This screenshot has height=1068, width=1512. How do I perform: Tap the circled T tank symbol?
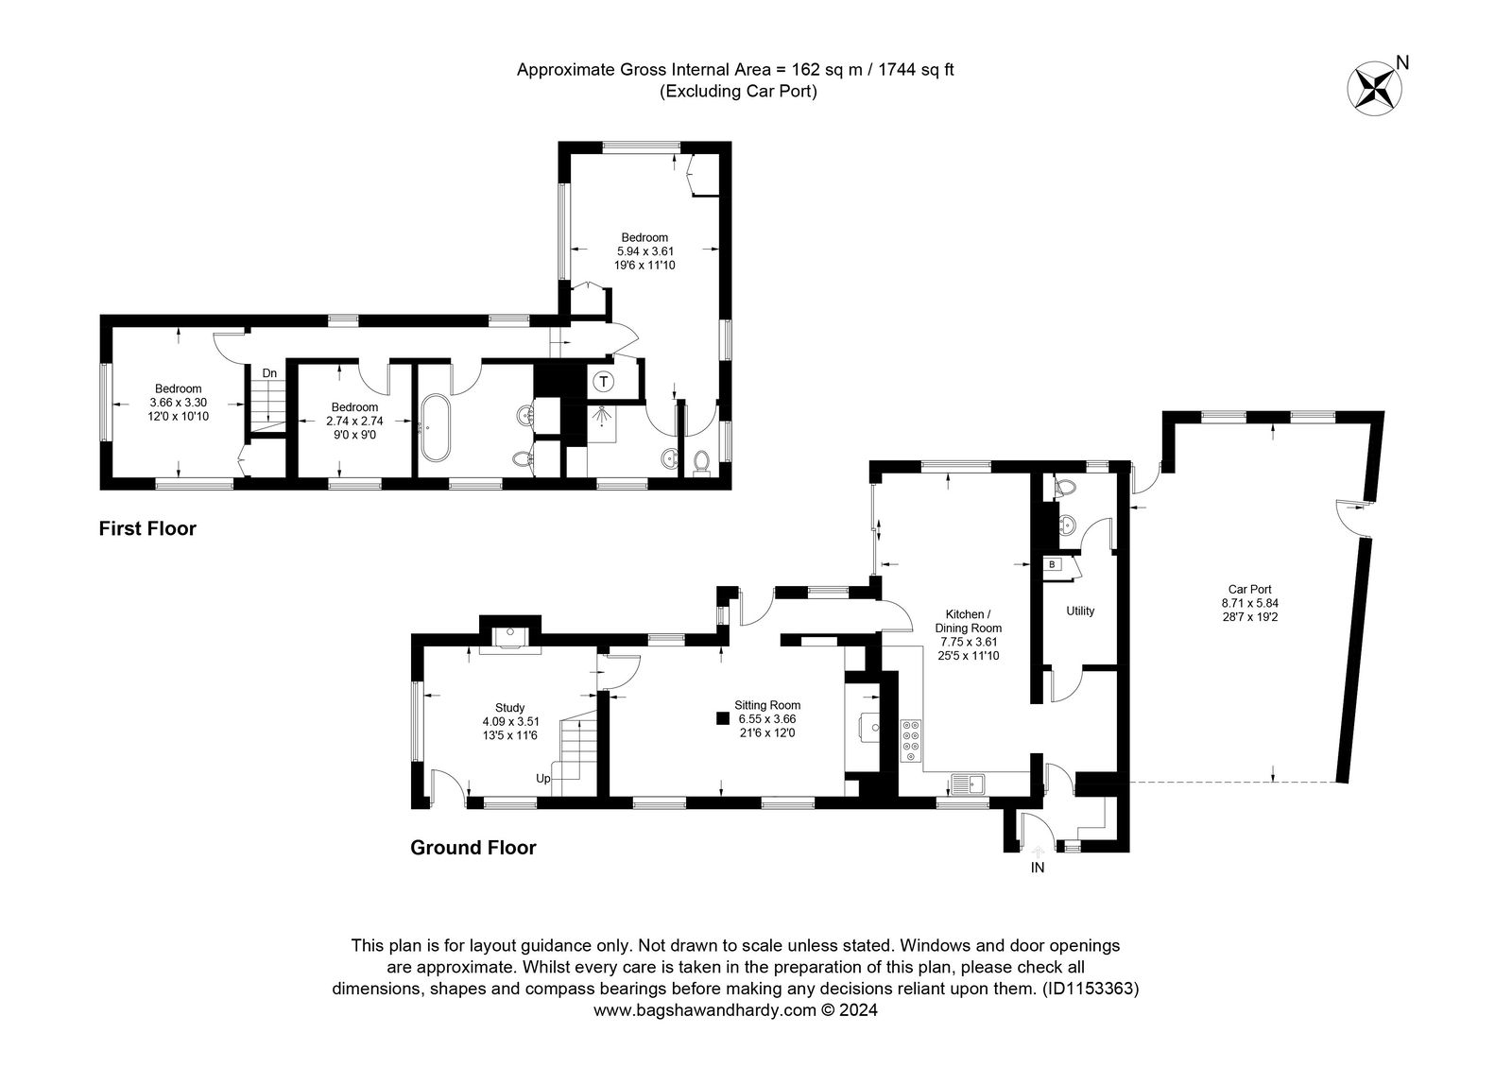(x=604, y=382)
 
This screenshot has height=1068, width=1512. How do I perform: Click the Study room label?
(x=509, y=708)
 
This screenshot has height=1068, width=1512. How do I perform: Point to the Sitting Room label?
(x=767, y=705)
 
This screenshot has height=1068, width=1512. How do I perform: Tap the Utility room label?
(x=1080, y=611)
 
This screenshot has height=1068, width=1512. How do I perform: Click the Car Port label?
(x=1250, y=590)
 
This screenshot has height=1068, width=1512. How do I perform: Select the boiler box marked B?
(x=1052, y=564)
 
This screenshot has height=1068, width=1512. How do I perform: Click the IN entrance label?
(x=1038, y=868)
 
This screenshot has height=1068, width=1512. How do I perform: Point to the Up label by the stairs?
(x=543, y=779)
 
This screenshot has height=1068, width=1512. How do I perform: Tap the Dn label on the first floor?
(x=269, y=373)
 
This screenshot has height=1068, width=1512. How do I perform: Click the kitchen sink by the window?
(x=968, y=784)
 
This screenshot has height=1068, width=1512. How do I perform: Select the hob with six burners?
(x=911, y=741)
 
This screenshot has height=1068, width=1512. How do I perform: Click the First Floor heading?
(x=147, y=528)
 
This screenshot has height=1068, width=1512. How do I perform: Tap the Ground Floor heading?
(x=473, y=848)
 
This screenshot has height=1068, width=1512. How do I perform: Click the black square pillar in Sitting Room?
(x=723, y=718)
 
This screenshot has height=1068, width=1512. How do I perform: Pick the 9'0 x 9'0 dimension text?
(x=354, y=435)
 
